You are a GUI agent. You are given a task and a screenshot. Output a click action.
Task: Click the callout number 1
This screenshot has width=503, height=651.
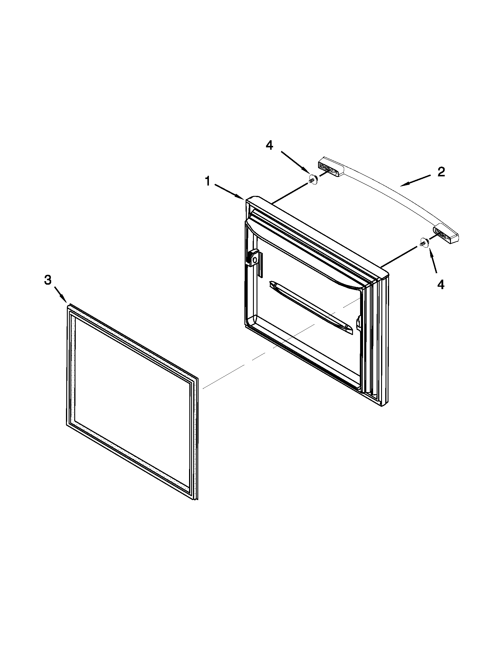[208, 181]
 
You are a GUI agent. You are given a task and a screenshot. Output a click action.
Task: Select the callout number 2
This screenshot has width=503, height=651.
[441, 172]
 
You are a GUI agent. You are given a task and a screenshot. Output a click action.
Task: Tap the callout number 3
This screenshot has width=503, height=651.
[48, 280]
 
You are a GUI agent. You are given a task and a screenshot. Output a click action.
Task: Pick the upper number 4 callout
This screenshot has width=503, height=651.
[269, 146]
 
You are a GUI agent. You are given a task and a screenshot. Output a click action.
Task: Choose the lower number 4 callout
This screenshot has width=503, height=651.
[441, 285]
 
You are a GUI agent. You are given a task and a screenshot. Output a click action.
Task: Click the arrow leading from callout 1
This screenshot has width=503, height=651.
[229, 191]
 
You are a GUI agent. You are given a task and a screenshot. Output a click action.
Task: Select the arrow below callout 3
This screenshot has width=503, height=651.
[60, 294]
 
